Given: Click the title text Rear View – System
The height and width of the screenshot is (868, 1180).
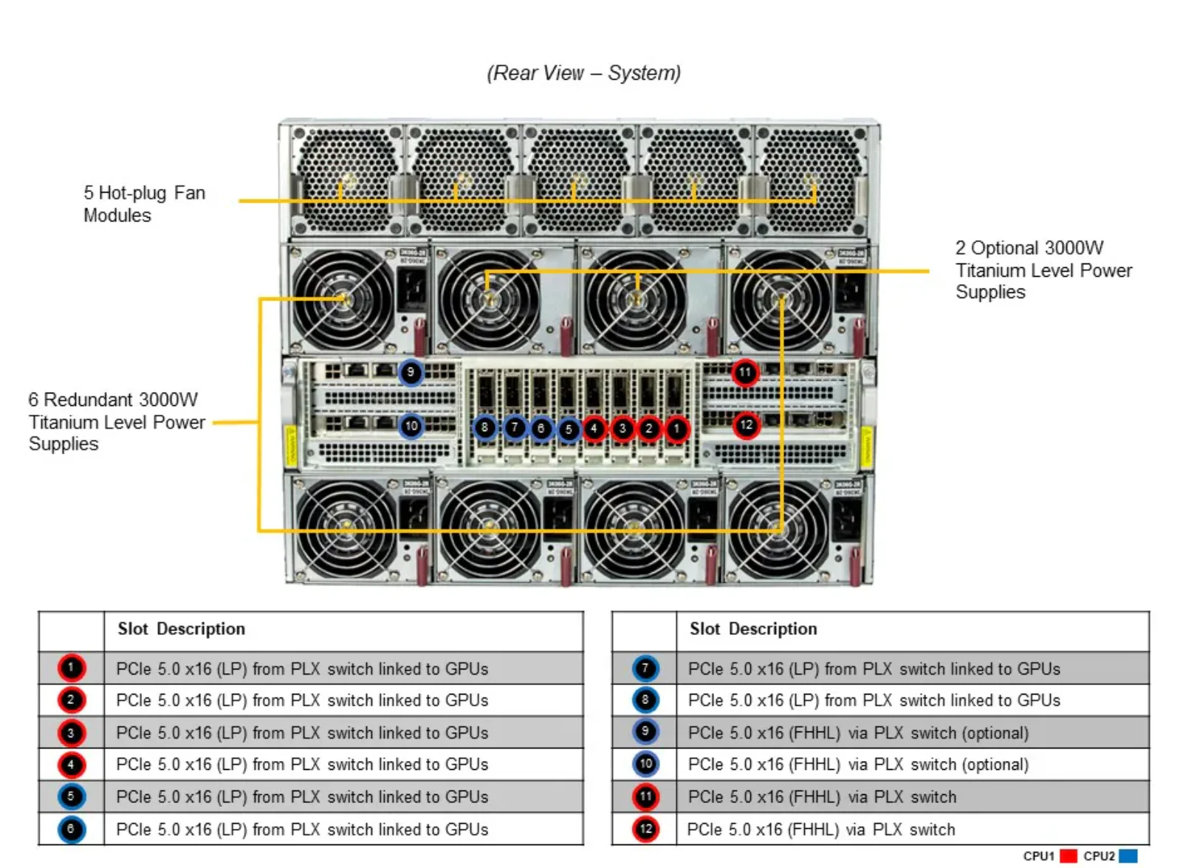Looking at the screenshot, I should [x=583, y=73].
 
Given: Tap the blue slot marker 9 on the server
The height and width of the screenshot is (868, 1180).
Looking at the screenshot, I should [x=411, y=372].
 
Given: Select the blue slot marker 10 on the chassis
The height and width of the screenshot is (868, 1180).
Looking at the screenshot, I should [x=411, y=426].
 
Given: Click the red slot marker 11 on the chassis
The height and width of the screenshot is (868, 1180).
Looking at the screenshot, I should [x=745, y=373].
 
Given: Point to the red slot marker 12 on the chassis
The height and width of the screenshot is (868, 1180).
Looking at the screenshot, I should [x=746, y=425].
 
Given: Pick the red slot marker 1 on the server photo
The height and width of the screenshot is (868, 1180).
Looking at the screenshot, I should [x=676, y=429].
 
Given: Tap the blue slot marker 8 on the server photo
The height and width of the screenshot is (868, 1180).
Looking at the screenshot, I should [x=484, y=427].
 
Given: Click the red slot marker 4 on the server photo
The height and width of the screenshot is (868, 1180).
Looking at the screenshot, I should [x=594, y=428].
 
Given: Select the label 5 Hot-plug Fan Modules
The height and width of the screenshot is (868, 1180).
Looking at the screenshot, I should [x=144, y=204].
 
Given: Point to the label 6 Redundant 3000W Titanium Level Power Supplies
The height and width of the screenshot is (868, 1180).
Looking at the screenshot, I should [x=116, y=421].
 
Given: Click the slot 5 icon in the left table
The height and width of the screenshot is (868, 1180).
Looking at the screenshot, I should [x=71, y=797].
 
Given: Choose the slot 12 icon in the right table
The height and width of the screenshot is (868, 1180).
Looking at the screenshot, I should [x=645, y=830].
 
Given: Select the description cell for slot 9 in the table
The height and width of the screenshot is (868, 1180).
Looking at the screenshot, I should [x=857, y=733].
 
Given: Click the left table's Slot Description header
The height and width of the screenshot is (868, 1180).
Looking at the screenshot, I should [x=182, y=629].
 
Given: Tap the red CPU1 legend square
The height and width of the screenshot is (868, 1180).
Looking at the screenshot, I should [x=1068, y=856].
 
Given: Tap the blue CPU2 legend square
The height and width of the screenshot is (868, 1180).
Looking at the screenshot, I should [x=1128, y=856].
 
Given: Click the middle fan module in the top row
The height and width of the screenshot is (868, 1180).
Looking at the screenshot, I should [x=578, y=179].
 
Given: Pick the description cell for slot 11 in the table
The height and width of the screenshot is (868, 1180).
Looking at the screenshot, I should [x=822, y=797].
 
